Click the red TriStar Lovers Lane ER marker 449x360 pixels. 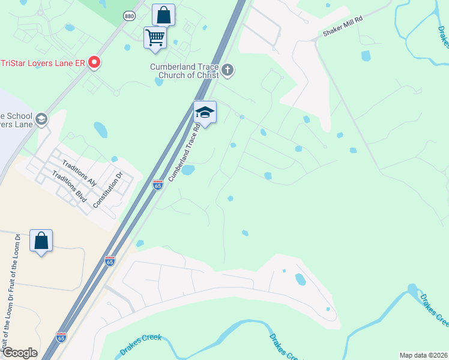94,62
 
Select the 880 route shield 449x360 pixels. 130,16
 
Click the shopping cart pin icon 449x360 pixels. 155,38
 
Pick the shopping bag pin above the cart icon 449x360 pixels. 163,14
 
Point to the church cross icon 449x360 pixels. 228,70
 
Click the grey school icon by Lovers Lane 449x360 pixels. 41,119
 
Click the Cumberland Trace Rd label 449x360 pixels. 184,155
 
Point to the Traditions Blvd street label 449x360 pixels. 70,186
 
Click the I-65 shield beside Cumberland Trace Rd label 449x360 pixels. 157,185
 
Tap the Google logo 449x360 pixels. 19,353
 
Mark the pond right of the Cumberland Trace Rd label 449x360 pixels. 188,170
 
